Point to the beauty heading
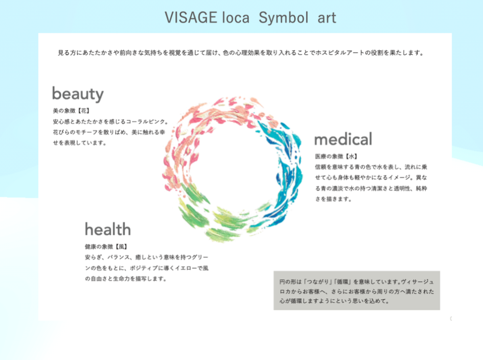point(78,94)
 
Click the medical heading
point(343,139)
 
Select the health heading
point(108,230)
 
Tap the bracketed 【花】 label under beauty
point(83,111)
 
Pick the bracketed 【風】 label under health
point(121,246)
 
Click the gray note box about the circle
point(357,290)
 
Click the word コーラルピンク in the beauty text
point(145,122)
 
